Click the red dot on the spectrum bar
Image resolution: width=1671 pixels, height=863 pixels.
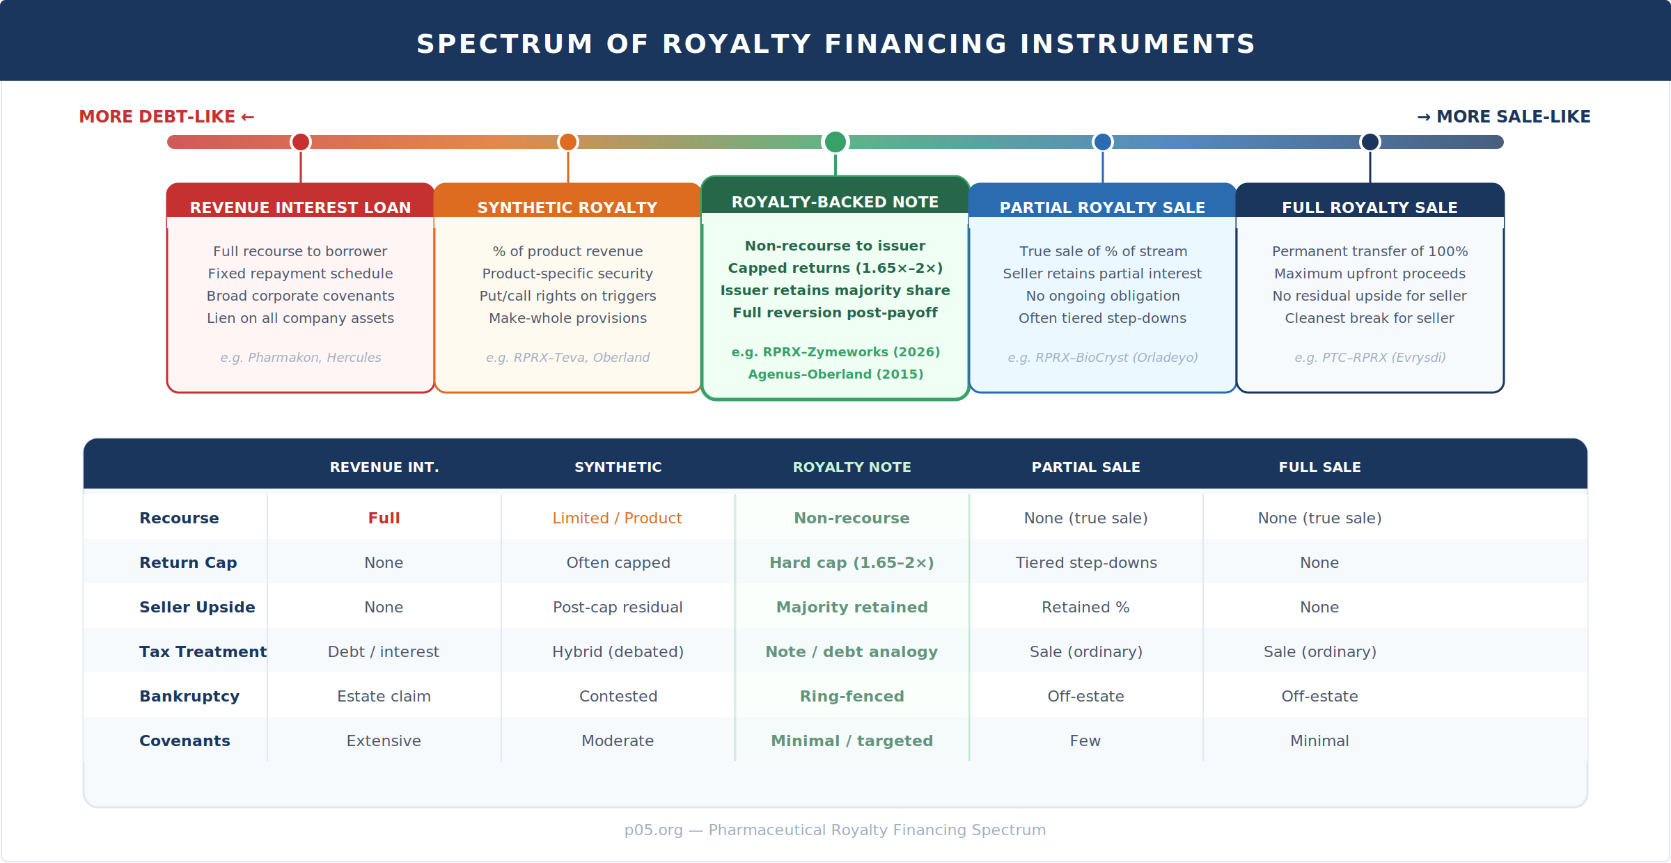[301, 142]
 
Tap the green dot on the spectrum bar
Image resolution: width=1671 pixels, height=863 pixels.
[835, 142]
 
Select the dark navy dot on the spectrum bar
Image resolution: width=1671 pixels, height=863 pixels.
[1370, 142]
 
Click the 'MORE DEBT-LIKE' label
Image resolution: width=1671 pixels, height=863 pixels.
[166, 117]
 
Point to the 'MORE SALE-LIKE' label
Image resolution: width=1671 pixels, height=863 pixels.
[1504, 117]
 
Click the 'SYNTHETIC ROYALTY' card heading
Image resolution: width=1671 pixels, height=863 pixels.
[567, 207]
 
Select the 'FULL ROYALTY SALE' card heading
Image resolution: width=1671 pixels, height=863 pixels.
[1370, 207]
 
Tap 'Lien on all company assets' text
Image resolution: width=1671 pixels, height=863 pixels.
[300, 318]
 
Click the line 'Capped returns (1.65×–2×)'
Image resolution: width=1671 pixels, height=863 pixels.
[835, 268]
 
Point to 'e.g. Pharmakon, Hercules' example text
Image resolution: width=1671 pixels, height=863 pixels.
[300, 358]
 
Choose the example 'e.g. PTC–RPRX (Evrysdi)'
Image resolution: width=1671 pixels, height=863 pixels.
[1370, 358]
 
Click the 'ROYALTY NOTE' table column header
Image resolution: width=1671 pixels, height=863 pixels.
[852, 467]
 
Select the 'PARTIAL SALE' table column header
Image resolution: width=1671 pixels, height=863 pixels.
[1085, 467]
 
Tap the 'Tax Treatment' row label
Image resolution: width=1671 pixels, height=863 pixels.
[203, 652]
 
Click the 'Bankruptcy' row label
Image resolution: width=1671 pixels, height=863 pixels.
[189, 697]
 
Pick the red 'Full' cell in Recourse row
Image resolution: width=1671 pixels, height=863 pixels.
[384, 518]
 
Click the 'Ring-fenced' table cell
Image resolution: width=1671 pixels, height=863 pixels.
[852, 697]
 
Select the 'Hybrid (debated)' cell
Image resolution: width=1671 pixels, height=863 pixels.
[618, 652]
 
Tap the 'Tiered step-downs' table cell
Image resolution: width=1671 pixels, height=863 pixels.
[1085, 563]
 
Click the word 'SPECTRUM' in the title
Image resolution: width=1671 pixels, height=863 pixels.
[504, 45]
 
